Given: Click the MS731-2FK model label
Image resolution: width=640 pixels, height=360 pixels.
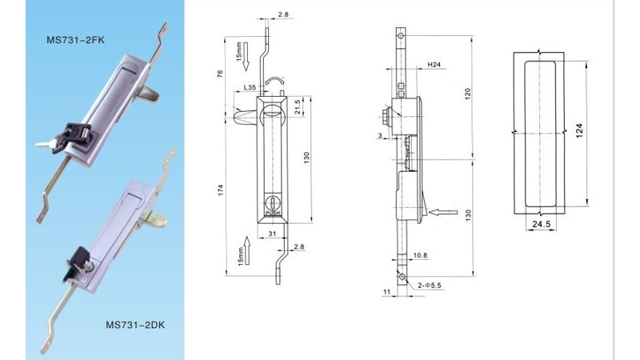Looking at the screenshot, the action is (x=75, y=40).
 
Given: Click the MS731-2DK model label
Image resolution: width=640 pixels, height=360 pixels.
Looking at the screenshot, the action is (x=135, y=325).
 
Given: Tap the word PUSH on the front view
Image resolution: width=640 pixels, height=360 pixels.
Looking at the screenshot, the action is (x=273, y=213).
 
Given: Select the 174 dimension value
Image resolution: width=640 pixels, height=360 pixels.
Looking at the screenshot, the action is (x=221, y=190).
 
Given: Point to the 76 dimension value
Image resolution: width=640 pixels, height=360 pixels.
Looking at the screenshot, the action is (x=221, y=74).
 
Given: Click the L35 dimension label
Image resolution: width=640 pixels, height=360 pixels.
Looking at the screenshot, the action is (x=250, y=87).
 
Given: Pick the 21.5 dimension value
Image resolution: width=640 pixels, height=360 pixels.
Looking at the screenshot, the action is (x=298, y=107).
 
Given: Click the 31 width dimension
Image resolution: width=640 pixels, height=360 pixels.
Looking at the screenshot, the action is (x=272, y=234).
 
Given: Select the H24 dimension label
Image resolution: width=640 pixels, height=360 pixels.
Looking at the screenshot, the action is (x=434, y=65).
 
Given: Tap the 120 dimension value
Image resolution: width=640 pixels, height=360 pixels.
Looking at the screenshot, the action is (x=468, y=94).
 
